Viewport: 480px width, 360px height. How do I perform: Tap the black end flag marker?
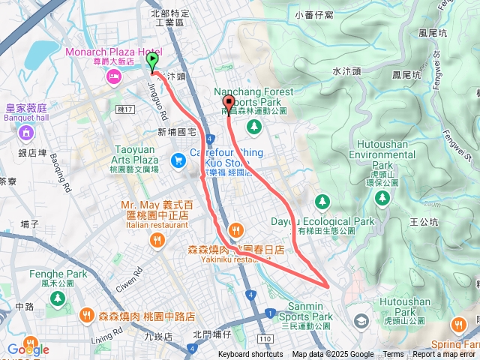pos(229,103)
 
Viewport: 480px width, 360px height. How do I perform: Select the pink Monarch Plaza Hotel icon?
pos(114,77)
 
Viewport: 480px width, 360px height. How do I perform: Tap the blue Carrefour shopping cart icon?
pos(178,160)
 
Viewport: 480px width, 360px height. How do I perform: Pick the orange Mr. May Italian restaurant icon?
pos(157,240)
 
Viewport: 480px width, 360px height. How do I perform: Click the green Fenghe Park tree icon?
pos(57,299)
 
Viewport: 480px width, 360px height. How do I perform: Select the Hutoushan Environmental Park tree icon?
pos(382,197)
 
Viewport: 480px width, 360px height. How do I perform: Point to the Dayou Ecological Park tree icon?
pos(322,201)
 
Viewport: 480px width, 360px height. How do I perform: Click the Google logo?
pos(28,349)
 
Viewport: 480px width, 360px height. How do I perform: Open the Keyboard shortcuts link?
pos(250,355)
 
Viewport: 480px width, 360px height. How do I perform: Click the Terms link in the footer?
pos(393,355)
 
